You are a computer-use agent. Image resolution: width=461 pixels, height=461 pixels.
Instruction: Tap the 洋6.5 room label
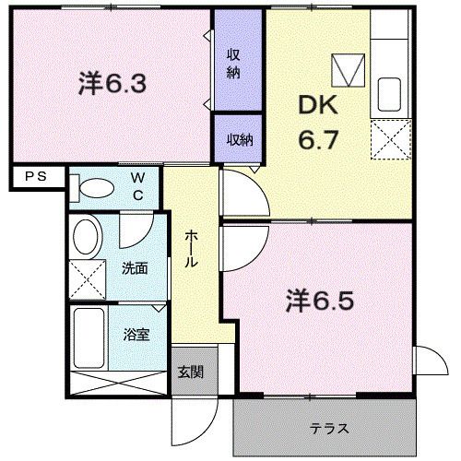click(320, 301)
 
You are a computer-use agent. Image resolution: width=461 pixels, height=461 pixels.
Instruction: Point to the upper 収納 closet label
click(235, 63)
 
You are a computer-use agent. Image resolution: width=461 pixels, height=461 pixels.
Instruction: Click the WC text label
click(136, 184)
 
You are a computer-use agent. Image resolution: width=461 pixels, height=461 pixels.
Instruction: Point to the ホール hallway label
click(191, 247)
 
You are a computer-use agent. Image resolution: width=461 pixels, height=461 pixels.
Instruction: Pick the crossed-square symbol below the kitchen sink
click(389, 140)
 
